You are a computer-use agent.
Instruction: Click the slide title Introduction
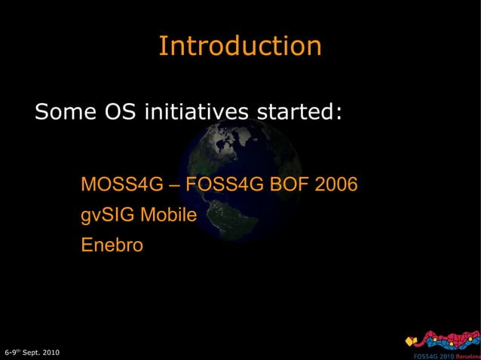coord(240,46)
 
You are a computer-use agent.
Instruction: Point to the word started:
coord(301,113)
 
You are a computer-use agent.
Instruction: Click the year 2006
coord(336,185)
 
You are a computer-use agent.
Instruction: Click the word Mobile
coord(169,215)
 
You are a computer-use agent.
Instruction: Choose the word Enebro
coord(112,246)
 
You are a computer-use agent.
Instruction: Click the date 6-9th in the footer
coord(12,352)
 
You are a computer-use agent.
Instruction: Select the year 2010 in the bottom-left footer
coord(51,352)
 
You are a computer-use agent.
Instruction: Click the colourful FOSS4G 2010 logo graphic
coord(441,340)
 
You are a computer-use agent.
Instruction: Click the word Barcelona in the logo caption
coord(466,355)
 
